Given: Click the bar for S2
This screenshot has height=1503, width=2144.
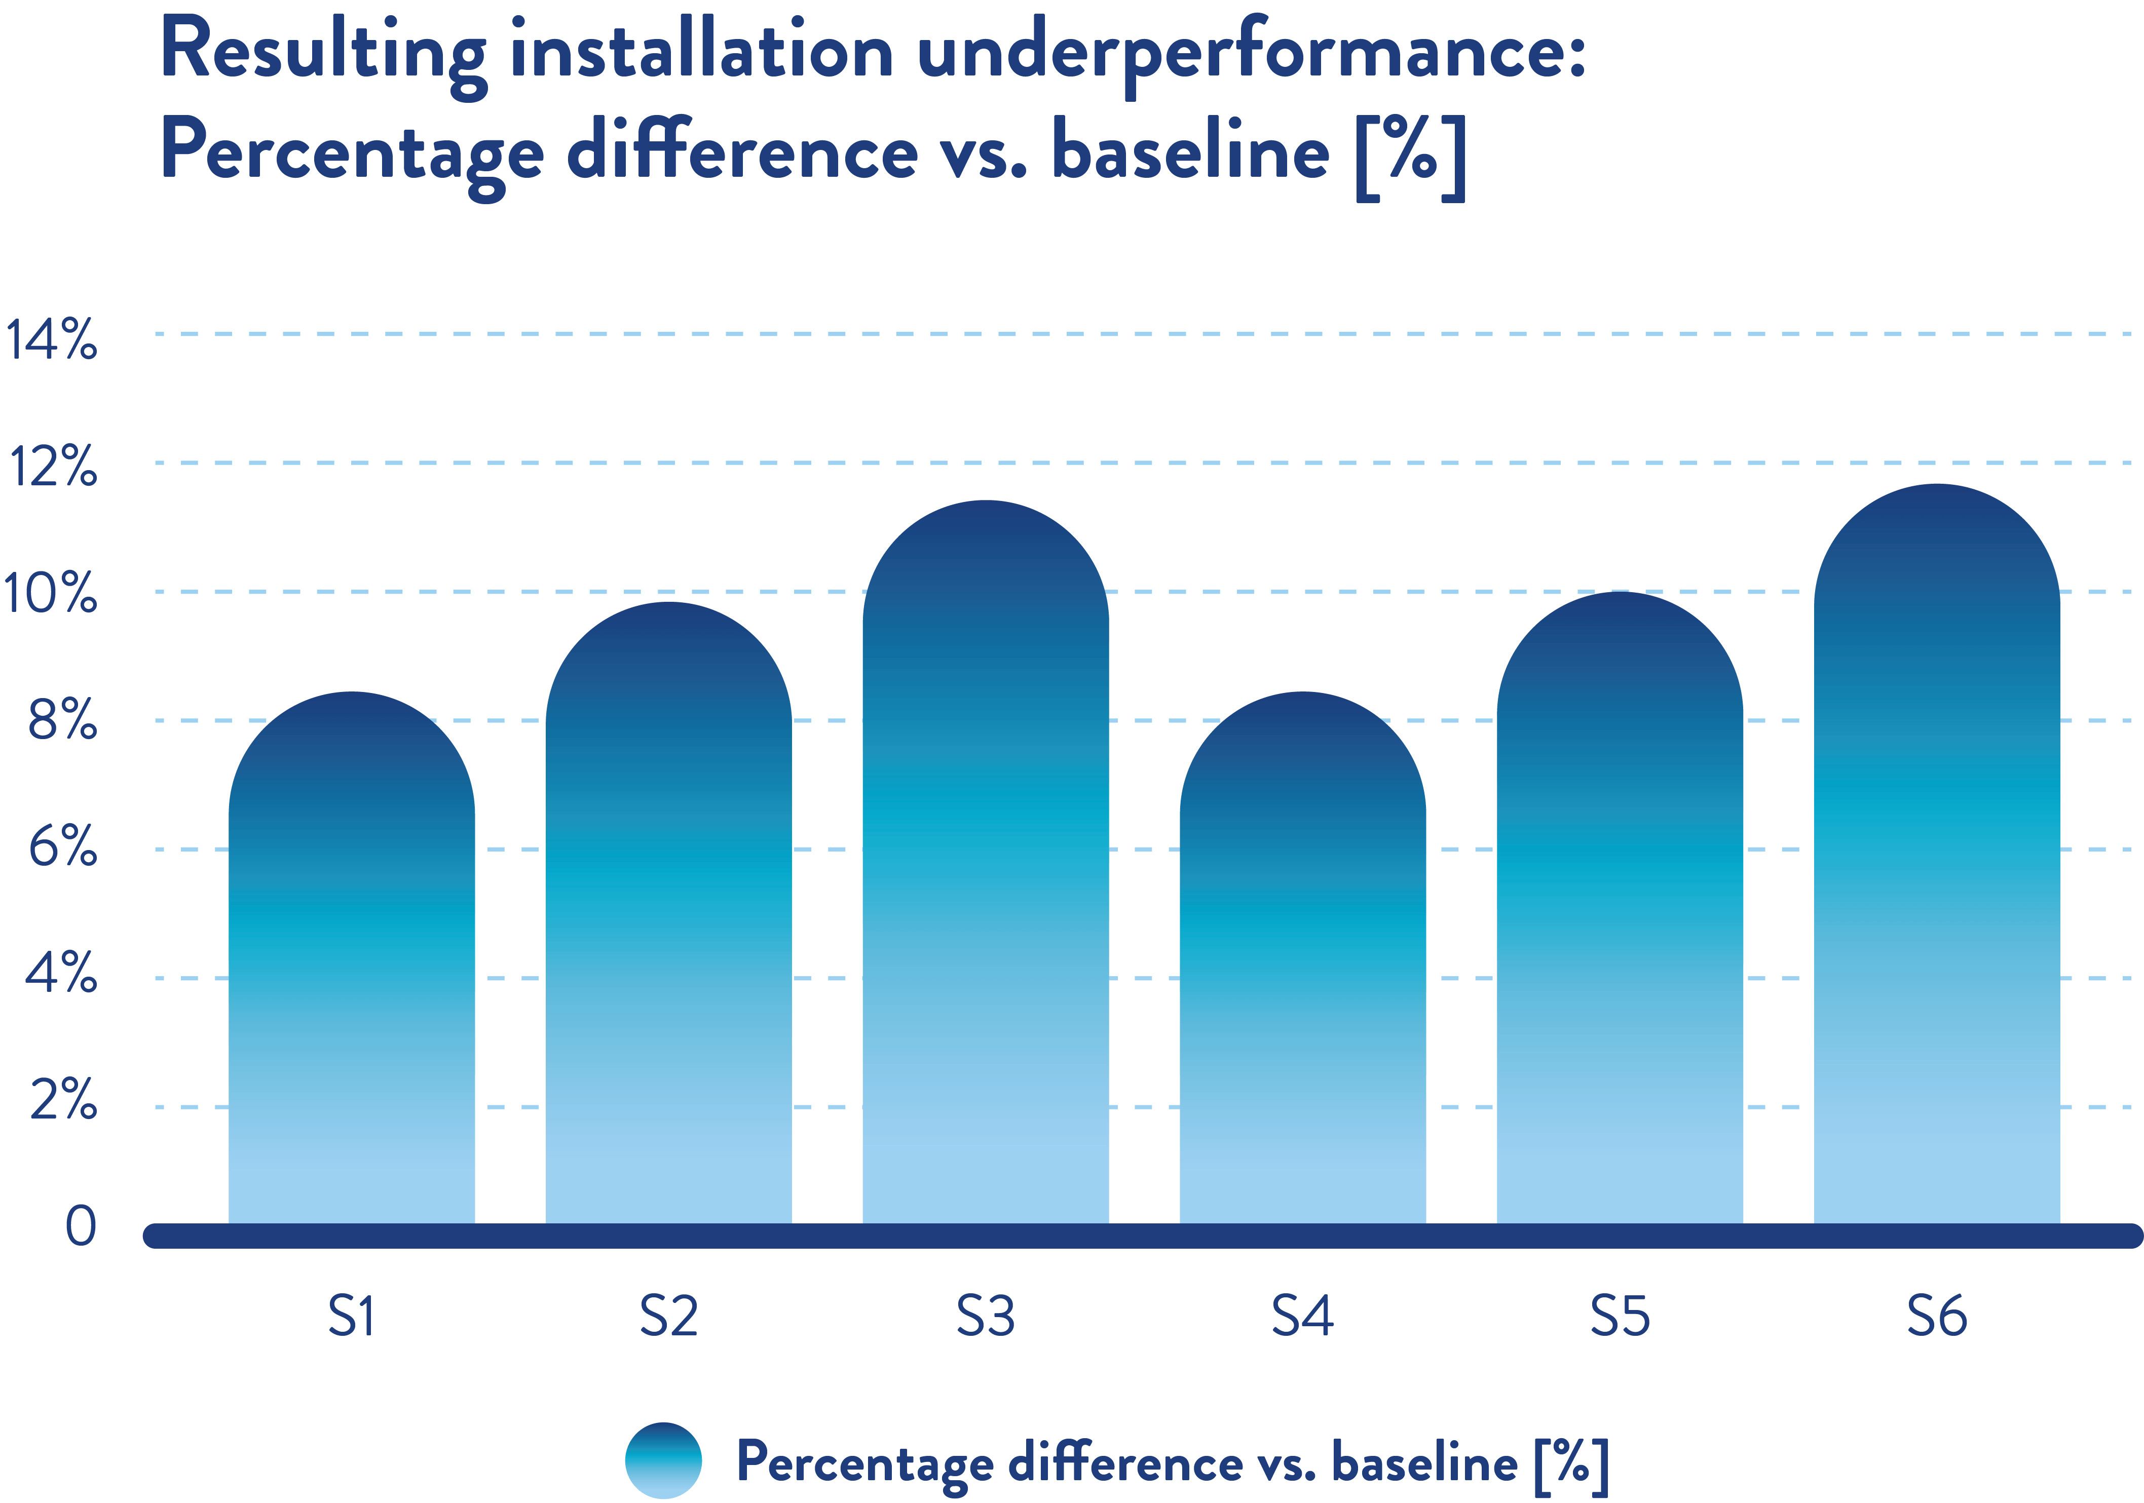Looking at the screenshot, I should click(668, 915).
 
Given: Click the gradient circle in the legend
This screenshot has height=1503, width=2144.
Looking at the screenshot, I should click(663, 1460).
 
